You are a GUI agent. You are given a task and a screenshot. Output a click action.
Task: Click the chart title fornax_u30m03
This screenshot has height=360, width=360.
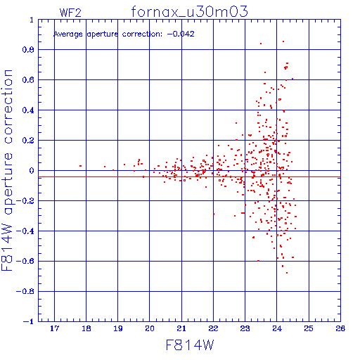189,12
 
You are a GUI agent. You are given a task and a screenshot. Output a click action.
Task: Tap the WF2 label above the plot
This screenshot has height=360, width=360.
70,13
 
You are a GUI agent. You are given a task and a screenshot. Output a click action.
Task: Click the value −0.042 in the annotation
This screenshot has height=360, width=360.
181,34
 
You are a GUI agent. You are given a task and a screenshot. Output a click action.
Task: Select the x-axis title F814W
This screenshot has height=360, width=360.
190,345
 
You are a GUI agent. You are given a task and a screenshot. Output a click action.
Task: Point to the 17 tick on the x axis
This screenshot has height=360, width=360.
55,328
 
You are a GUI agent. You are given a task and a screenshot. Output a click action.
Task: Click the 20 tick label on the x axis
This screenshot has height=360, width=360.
150,328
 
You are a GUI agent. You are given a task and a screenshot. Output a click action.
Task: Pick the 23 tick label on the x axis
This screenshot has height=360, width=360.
245,328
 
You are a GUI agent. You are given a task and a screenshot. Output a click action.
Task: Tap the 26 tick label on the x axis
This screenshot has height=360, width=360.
340,328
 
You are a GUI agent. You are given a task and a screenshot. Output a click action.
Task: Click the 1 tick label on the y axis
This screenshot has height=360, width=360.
32,20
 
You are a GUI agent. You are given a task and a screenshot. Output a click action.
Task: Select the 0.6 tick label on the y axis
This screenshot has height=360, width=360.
28,80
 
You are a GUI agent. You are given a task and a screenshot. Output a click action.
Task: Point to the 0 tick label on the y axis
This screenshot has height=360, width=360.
32,170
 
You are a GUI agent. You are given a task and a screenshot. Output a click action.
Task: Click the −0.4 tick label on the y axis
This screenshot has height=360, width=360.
25,231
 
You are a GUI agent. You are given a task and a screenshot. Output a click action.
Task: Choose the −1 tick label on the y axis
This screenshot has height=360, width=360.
29,321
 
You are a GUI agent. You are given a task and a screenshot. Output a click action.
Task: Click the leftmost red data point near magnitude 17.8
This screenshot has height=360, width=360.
81,166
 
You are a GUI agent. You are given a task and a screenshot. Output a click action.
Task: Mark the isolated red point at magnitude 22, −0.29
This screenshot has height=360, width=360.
214,214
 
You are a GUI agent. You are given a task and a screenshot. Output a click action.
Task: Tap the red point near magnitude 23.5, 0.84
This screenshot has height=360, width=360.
261,44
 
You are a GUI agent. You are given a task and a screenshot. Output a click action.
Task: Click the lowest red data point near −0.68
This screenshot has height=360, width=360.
287,273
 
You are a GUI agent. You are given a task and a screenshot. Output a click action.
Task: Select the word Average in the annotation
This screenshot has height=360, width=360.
68,34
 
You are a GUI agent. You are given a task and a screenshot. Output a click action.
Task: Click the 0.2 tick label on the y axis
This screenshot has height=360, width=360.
28,141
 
